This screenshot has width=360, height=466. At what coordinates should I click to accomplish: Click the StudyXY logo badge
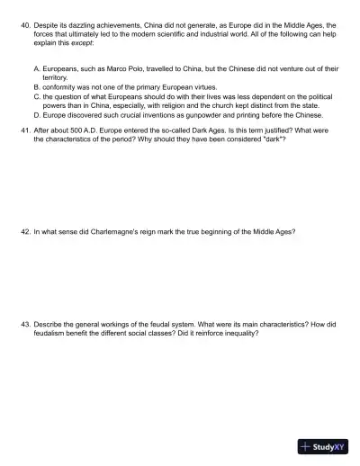[x=323, y=446]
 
